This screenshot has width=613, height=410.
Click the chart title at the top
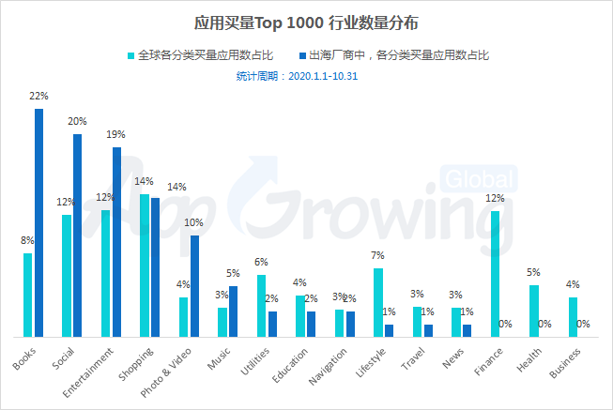pyautogui.click(x=306, y=20)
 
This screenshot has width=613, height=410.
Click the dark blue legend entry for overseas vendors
pyautogui.click(x=391, y=55)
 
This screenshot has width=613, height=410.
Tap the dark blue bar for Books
pyautogui.click(x=38, y=222)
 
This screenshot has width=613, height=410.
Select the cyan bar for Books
pyautogui.click(x=28, y=295)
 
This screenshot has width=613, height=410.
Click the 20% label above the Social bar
pyautogui.click(x=77, y=121)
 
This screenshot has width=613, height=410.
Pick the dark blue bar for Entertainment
pyautogui.click(x=116, y=242)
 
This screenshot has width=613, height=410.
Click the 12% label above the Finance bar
pyautogui.click(x=495, y=199)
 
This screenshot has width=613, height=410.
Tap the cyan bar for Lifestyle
pyautogui.click(x=378, y=302)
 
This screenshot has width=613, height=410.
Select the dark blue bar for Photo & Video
pyautogui.click(x=194, y=285)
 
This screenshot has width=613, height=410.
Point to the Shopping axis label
pyautogui.click(x=135, y=363)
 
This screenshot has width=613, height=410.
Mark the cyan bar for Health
pyautogui.click(x=534, y=311)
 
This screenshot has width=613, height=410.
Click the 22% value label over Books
pyautogui.click(x=38, y=96)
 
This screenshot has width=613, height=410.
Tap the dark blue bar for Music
pyautogui.click(x=233, y=311)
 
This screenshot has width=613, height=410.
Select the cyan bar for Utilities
pyautogui.click(x=262, y=306)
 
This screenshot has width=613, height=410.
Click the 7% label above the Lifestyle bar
pyautogui.click(x=378, y=255)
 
